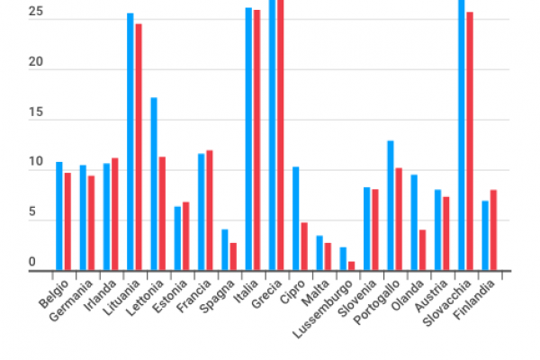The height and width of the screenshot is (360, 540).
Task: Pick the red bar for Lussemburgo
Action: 351,265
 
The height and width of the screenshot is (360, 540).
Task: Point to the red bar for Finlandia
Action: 493,229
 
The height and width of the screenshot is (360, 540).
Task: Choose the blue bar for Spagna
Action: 225,249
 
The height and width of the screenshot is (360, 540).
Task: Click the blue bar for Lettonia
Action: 154,184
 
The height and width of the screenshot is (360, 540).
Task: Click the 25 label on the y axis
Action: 35,13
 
